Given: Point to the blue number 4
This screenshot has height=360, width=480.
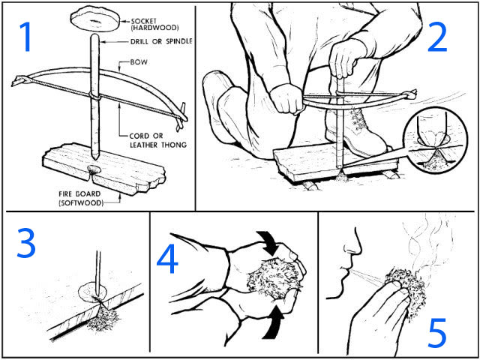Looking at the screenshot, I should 169,260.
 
